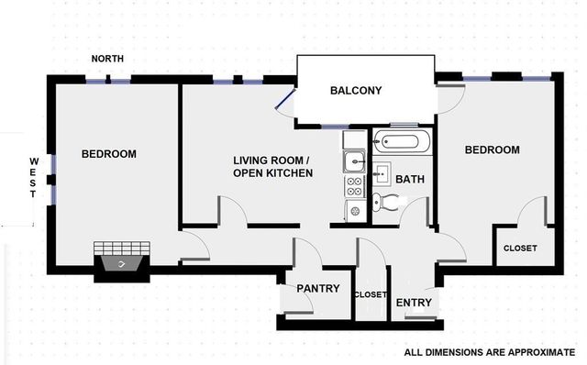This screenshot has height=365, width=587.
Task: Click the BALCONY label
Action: [356, 91]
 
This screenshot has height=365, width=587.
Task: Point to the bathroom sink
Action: [381, 173]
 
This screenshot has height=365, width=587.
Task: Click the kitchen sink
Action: [353, 163]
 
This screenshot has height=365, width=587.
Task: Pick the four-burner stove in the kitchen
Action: [354, 187]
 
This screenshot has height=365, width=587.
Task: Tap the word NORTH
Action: [108, 60]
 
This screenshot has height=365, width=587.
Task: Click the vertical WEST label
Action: [33, 177]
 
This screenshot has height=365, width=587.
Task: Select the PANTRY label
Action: [317, 289]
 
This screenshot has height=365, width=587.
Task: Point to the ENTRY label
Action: [414, 303]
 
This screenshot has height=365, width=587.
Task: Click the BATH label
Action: [410, 180]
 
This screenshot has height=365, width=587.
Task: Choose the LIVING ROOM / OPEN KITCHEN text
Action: [272, 166]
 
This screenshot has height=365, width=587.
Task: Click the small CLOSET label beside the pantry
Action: [370, 294]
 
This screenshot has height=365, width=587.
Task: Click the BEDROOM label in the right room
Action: [492, 150]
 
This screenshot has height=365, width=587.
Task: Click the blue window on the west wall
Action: [54, 179]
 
